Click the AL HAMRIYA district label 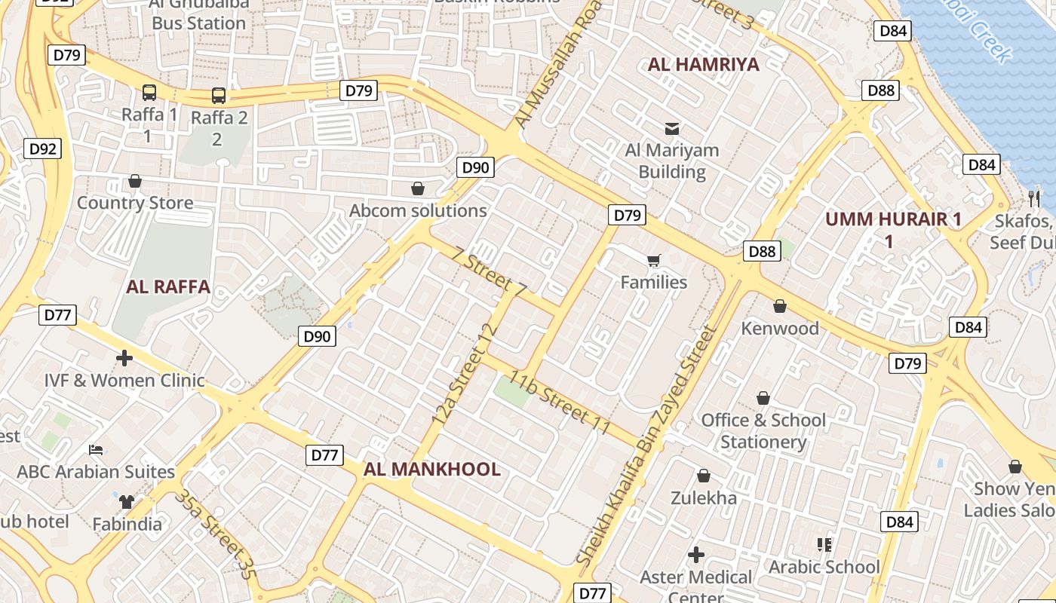click(703, 64)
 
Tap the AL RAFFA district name click(167, 286)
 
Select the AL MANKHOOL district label click(431, 470)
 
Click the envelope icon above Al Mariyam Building click(671, 129)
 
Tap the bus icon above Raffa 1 click(149, 93)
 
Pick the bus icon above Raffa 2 click(219, 96)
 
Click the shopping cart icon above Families click(653, 261)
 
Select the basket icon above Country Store click(135, 181)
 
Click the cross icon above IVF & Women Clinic click(124, 358)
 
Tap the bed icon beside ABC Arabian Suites click(96, 450)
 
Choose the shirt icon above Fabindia click(127, 501)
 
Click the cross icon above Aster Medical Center click(695, 556)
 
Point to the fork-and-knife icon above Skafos click(1033, 198)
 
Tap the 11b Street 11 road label click(559, 402)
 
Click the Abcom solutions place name click(418, 210)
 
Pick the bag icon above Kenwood click(780, 306)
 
